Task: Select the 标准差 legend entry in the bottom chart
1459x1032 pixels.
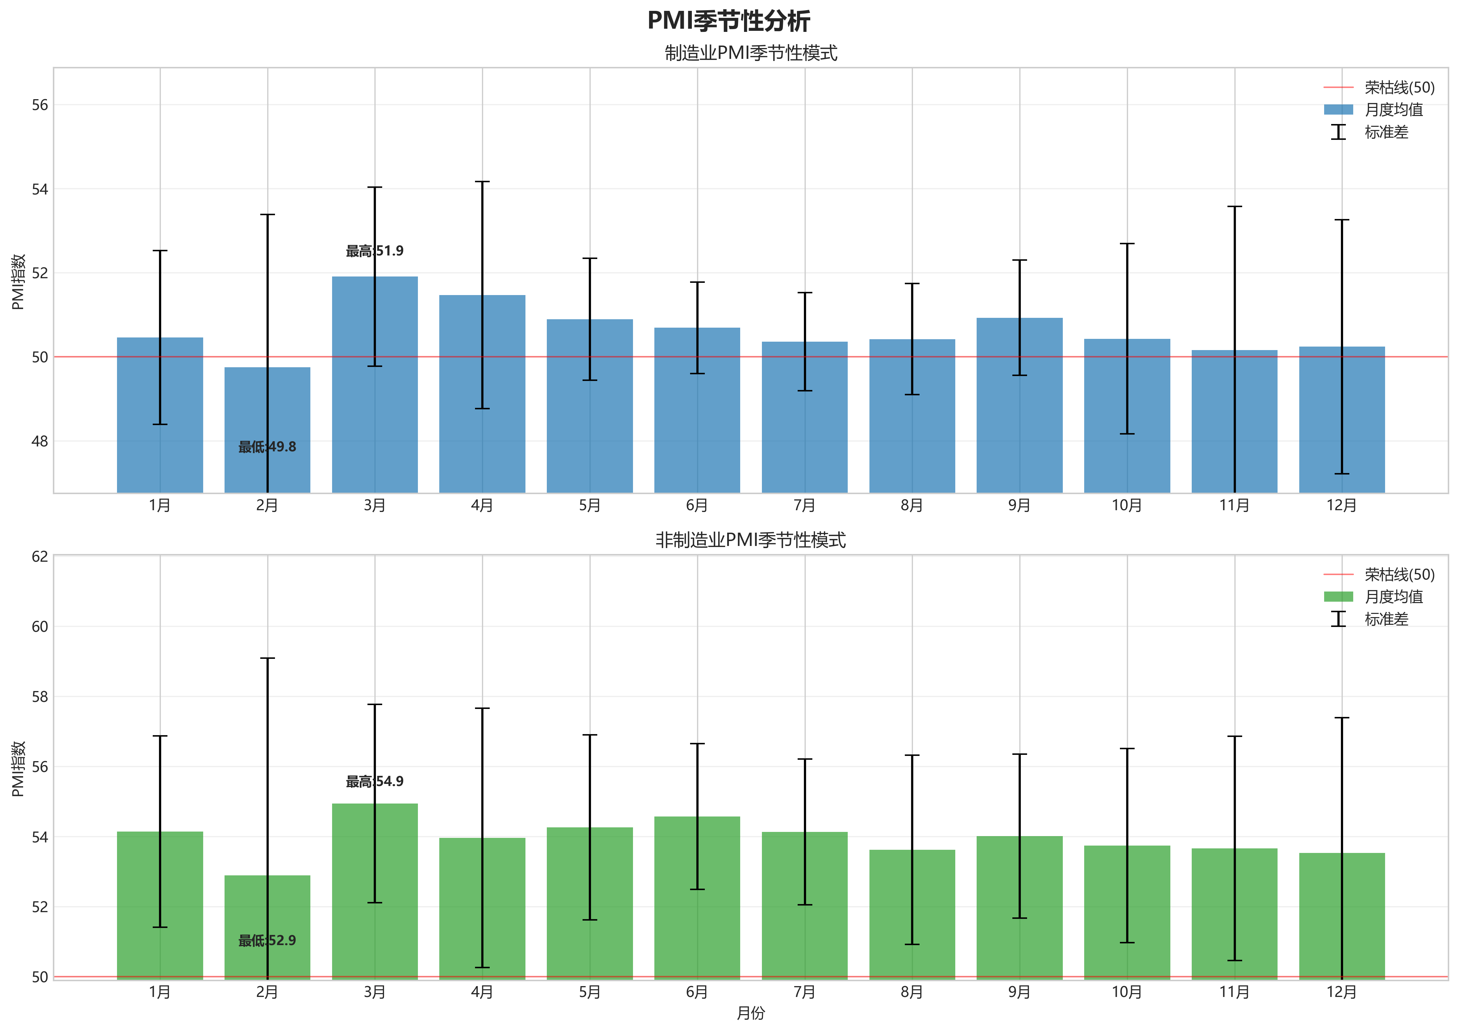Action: pyautogui.click(x=1386, y=619)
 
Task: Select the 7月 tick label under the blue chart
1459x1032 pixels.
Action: pyautogui.click(x=805, y=506)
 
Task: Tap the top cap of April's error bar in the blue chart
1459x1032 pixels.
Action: pyautogui.click(x=482, y=182)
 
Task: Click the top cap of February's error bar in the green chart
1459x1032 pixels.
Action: pyautogui.click(x=268, y=658)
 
